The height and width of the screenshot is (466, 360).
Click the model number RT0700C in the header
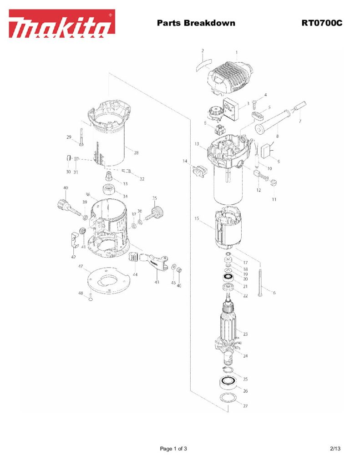pyautogui.click(x=321, y=23)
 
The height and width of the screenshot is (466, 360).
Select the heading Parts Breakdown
pyautogui.click(x=196, y=23)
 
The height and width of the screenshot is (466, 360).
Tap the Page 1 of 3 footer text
pyautogui.click(x=173, y=449)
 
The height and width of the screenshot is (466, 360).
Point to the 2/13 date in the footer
pyautogui.click(x=335, y=449)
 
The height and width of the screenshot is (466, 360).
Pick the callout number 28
pyautogui.click(x=136, y=153)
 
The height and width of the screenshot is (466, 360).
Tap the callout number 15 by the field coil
pyautogui.click(x=197, y=218)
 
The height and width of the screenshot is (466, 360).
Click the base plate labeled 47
pyautogui.click(x=109, y=282)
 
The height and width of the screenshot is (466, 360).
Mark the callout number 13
pyautogui.click(x=197, y=144)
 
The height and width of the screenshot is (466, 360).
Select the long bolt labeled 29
pyautogui.click(x=80, y=137)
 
